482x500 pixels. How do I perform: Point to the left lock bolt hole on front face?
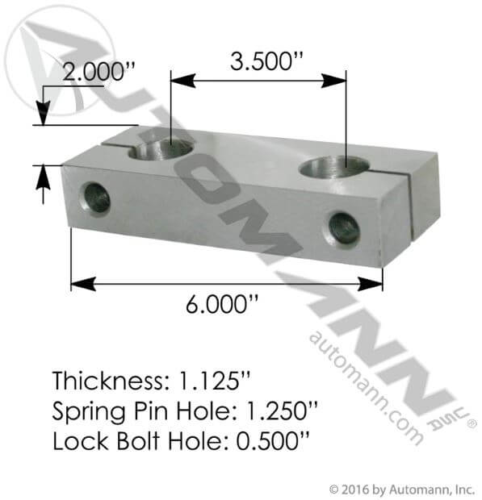coord(96,198)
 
